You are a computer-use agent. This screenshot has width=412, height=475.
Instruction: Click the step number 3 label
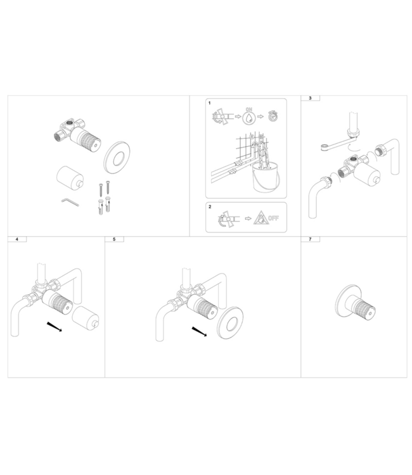click(309, 99)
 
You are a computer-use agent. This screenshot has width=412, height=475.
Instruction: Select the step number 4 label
click(16, 240)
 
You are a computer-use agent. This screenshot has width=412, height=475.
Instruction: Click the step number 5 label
click(113, 240)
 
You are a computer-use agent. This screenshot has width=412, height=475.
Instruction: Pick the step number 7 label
click(309, 240)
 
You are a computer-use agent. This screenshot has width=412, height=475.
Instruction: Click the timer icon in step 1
click(273, 116)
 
